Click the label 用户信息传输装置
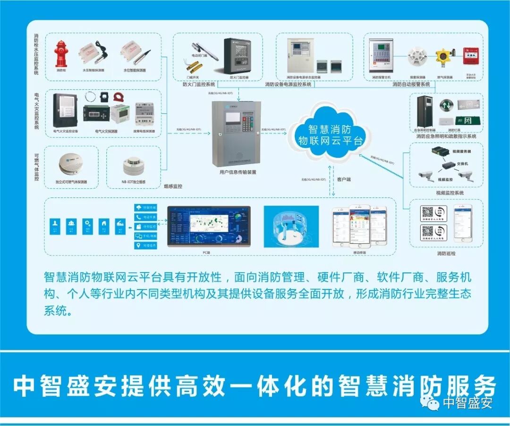coord(238,172)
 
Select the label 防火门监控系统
coord(198,85)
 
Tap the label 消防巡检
coord(446,254)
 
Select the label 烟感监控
coord(172,187)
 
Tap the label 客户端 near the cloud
coord(344,179)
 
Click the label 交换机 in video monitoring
coord(462,163)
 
